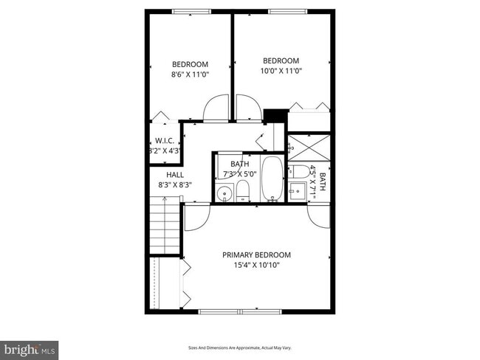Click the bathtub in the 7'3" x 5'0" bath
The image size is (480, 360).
click(272, 179)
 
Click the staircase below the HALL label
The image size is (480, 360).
click(165, 229)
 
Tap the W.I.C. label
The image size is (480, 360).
click(163, 140)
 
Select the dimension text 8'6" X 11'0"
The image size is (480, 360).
click(190, 75)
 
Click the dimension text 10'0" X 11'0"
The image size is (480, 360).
click(281, 71)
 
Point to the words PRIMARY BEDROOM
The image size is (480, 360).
click(256, 255)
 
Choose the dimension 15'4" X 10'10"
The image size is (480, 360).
click(256, 265)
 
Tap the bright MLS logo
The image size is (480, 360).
click(30, 347)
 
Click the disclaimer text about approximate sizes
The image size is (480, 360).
click(240, 347)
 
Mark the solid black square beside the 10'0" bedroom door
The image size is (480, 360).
click(274, 117)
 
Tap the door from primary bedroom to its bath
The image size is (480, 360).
click(319, 215)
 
